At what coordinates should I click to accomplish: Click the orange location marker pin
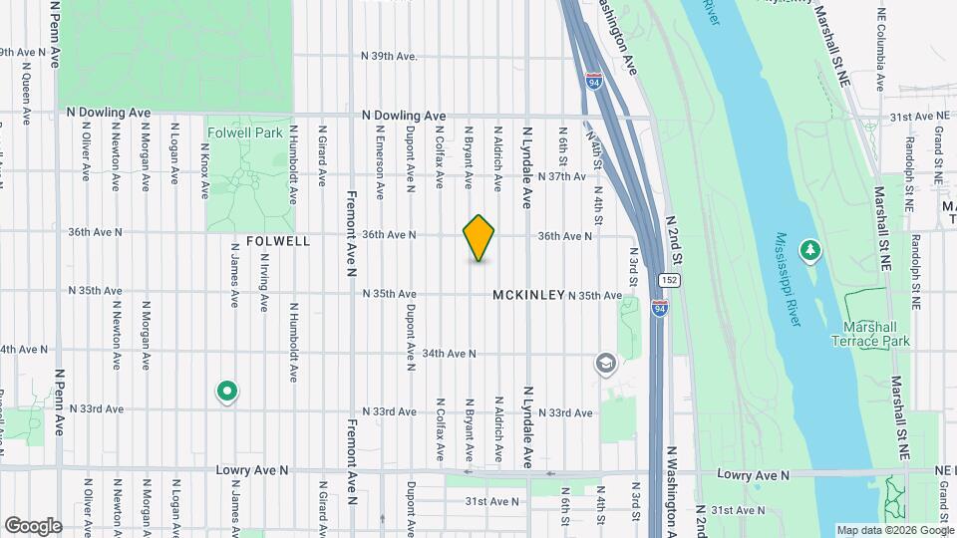coord(479,238)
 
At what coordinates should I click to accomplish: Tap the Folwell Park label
coord(245,133)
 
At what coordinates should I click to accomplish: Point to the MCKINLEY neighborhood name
coord(529,296)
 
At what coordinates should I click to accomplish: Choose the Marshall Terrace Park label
coord(871,334)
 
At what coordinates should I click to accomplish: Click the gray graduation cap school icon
coord(605,365)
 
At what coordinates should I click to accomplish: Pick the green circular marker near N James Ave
coord(227,393)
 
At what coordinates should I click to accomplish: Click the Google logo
coord(33,525)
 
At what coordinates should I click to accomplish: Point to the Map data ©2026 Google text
coord(893,530)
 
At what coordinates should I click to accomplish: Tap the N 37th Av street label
coord(561,176)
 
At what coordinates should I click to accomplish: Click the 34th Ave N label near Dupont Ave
coord(449,354)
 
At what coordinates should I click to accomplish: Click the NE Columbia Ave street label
coord(880,54)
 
